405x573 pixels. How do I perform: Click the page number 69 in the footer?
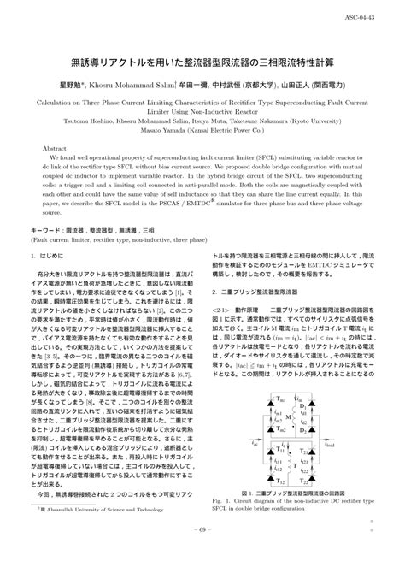pos(202,554)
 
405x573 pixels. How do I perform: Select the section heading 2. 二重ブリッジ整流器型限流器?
pos(255,292)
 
